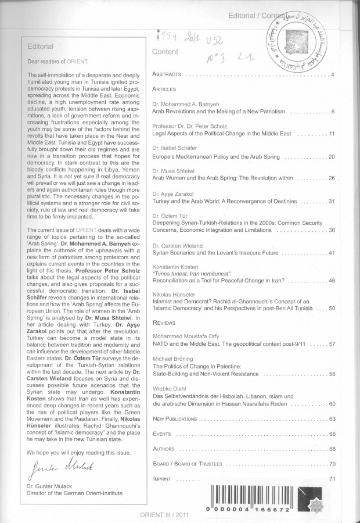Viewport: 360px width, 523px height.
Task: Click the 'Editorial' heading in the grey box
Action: click(x=40, y=46)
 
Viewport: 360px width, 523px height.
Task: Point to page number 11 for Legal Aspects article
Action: click(x=332, y=134)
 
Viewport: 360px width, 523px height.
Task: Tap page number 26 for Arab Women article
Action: click(x=332, y=178)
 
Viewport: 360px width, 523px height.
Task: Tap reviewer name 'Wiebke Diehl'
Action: click(x=169, y=389)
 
